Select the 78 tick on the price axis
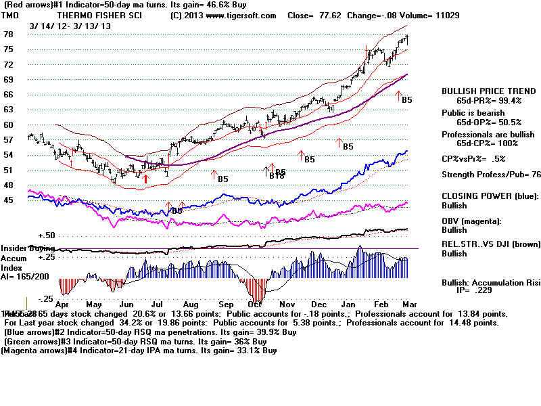pos(9,34)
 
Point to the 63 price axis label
pos(9,109)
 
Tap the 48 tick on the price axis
pos(9,184)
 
